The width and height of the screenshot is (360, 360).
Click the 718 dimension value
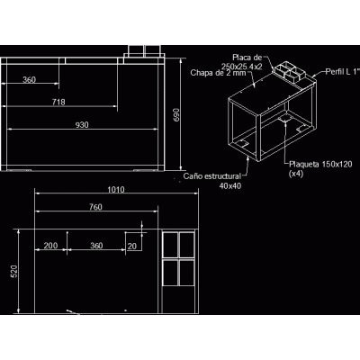tap(58, 102)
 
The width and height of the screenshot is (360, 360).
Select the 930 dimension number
tap(82, 125)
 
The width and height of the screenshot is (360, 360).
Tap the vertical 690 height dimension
tap(176, 114)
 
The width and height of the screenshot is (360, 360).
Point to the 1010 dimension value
tap(116, 190)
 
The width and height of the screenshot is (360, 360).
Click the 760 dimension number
tap(95, 207)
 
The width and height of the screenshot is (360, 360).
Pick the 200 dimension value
tap(50, 246)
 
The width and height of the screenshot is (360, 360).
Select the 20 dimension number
tap(132, 246)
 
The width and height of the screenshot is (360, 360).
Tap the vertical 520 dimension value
tap(14, 271)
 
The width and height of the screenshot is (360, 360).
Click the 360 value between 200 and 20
tap(96, 246)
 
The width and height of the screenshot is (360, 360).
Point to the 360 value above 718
tap(29, 80)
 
